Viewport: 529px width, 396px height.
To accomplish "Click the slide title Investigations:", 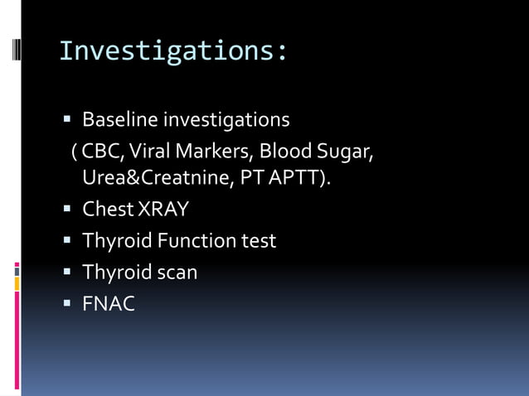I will tap(174, 51).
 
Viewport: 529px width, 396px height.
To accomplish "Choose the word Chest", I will tap(108, 210).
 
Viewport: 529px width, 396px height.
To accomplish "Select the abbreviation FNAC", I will tap(108, 304).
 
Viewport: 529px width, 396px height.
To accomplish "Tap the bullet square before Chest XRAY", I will tap(68, 210).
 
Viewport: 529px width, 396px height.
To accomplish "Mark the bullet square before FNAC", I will tap(68, 304).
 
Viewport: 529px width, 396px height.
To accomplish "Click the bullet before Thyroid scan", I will tap(68, 273).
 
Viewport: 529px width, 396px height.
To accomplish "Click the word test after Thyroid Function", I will tap(259, 241).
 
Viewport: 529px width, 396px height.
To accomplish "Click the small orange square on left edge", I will tap(17, 284).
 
